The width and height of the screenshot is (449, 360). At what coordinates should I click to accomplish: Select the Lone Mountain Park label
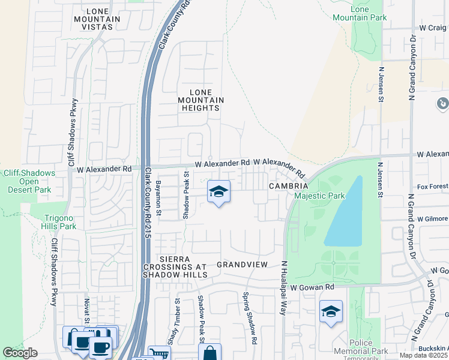click(x=368, y=14)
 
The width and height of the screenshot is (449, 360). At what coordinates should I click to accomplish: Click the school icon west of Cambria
click(x=218, y=192)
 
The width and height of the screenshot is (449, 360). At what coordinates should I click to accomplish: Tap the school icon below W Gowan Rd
click(x=330, y=312)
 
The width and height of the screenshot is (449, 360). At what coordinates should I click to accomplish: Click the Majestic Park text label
click(x=319, y=196)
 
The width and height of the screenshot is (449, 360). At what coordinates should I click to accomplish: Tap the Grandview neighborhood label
click(x=241, y=264)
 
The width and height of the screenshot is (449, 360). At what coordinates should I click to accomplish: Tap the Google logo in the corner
click(x=20, y=353)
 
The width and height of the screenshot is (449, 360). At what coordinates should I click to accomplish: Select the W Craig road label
click(x=432, y=28)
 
